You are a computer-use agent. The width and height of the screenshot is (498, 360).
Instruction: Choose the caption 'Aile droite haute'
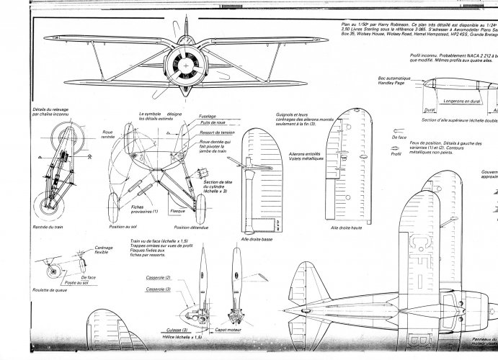[346, 228]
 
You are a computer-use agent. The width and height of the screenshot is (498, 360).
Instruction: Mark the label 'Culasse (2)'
[152, 329]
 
